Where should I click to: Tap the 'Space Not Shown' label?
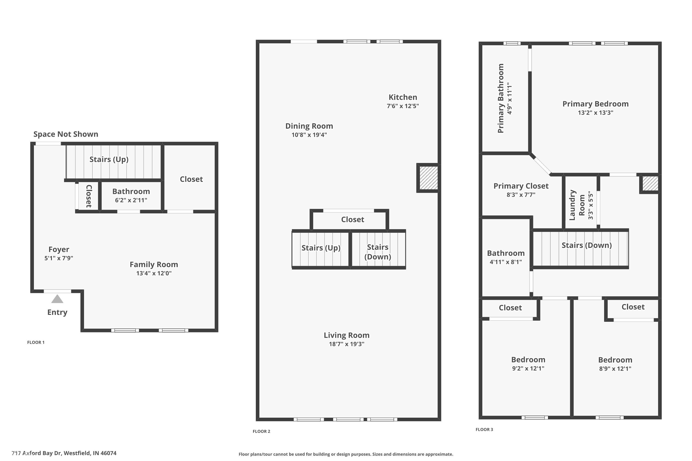pyautogui.click(x=66, y=134)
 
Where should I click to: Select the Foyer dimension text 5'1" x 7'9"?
pyautogui.click(x=59, y=258)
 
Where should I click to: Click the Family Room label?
pyautogui.click(x=154, y=264)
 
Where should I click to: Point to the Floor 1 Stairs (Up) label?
pyautogui.click(x=109, y=159)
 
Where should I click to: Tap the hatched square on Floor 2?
pyautogui.click(x=428, y=178)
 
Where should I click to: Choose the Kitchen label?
pyautogui.click(x=403, y=97)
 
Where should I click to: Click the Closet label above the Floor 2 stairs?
pyautogui.click(x=352, y=220)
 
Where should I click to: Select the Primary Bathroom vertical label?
pyautogui.click(x=501, y=98)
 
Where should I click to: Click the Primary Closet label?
pyautogui.click(x=521, y=186)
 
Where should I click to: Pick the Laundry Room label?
pyautogui.click(x=577, y=205)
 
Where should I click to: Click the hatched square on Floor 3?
pyautogui.click(x=650, y=183)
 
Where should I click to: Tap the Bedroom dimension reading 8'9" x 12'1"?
pyautogui.click(x=615, y=369)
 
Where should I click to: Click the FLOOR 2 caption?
pyautogui.click(x=261, y=431)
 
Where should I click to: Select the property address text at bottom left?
pyautogui.click(x=64, y=453)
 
